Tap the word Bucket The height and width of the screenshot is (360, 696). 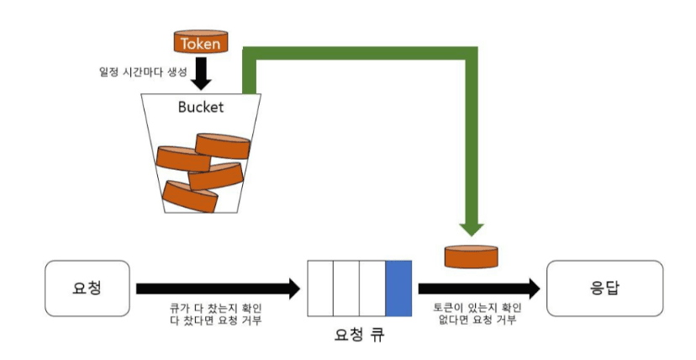coord(200,108)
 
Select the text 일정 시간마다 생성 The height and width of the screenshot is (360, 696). coord(141,71)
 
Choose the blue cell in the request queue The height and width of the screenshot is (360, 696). coord(398,288)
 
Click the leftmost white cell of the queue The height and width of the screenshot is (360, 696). coord(320,288)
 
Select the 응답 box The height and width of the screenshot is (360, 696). coord(604,288)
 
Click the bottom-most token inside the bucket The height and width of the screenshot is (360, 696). coord(190,197)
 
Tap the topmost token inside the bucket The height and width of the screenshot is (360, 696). coord(222,145)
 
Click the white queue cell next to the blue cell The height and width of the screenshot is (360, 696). coord(372,288)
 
